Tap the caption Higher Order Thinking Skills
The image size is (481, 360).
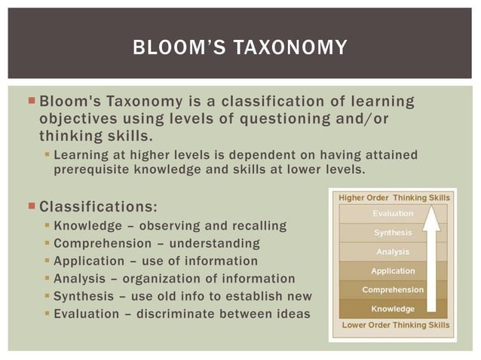coord(394,197)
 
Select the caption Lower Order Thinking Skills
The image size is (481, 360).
coord(395,325)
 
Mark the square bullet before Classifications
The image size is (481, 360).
coord(31,205)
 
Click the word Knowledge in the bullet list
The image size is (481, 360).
coord(89,226)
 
